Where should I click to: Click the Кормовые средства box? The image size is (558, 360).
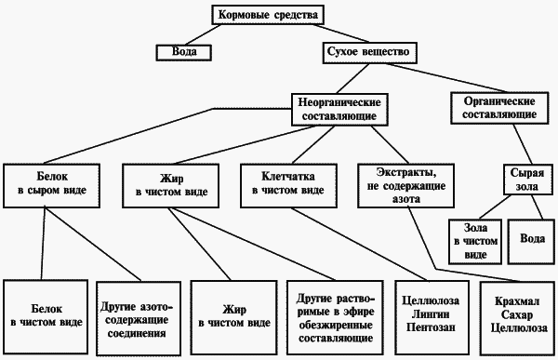click(x=269, y=16)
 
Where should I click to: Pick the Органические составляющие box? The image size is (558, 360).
click(x=498, y=107)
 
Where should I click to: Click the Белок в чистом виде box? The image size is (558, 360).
click(x=44, y=314)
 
